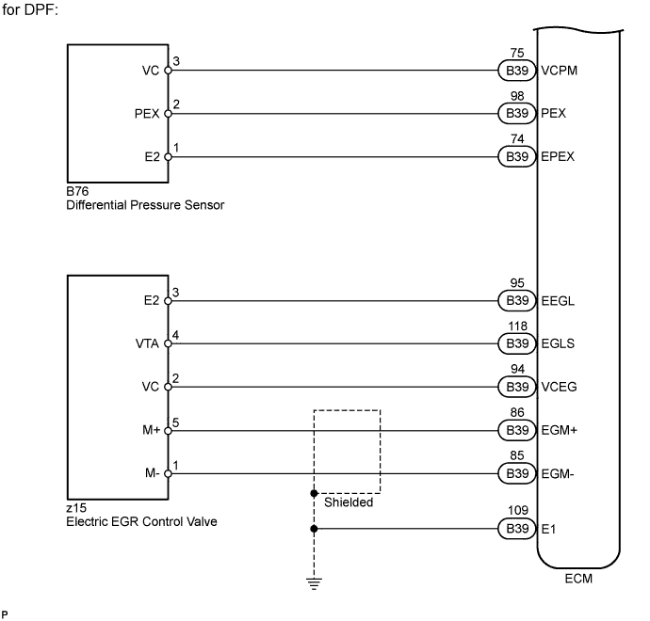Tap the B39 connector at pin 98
point(515,113)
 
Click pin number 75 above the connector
point(515,55)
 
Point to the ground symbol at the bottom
point(313,581)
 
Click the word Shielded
point(349,502)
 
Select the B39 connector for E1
point(515,529)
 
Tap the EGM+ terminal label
point(559,430)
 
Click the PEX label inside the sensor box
point(147,113)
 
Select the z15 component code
point(75,507)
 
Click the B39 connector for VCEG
point(515,387)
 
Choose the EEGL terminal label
point(559,301)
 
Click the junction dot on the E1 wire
point(313,529)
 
